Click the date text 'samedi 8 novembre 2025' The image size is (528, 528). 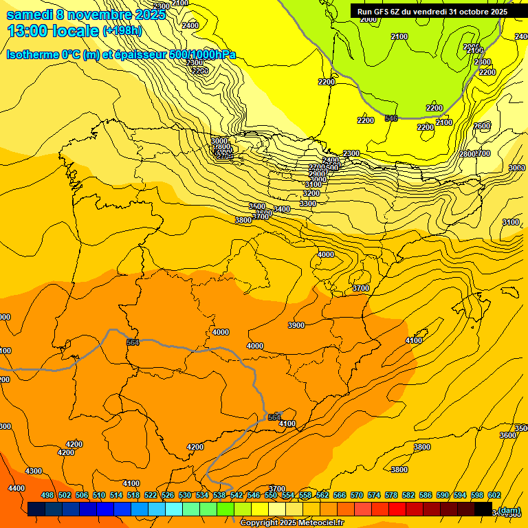86,14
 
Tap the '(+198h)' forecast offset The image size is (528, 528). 122,31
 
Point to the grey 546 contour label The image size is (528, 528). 391,118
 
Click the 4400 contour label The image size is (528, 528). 16,488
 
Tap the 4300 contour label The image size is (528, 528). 33,471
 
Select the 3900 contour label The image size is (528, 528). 296,325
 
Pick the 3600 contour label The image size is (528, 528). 507,435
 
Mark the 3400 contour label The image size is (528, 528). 282,209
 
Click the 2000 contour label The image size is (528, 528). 368,19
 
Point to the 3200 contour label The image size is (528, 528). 311,194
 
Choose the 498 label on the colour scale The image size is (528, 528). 47,496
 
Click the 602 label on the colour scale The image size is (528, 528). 494,496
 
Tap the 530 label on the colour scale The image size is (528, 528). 185,496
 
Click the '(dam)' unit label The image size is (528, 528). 509,510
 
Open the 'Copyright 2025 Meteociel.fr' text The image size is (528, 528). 291,523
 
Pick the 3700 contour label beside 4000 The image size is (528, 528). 360,288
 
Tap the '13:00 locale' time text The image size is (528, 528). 53,31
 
